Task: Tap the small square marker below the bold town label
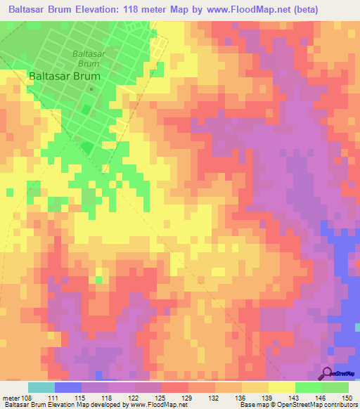(91, 89)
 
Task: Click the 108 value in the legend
(28, 397)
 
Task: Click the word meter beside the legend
(11, 397)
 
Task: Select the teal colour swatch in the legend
(41, 387)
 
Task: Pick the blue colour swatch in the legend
(68, 387)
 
